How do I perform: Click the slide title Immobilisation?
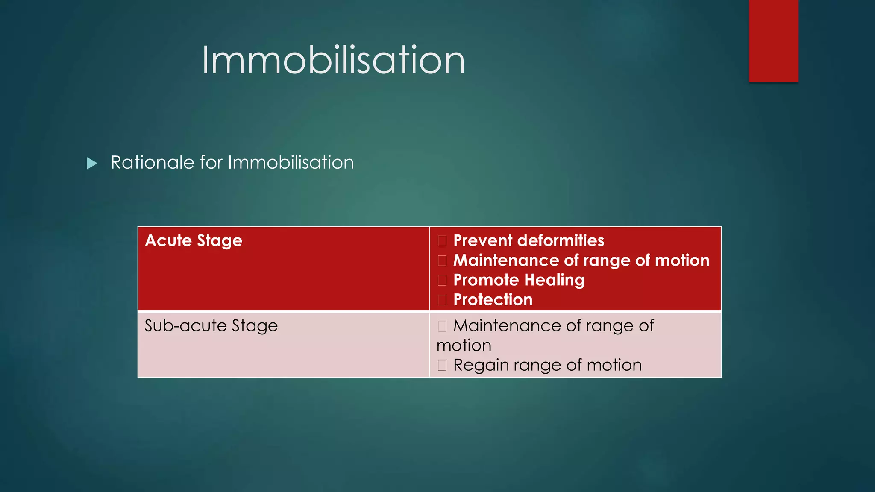pos(333,61)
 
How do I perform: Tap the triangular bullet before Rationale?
pos(92,163)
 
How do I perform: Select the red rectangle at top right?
pos(773,41)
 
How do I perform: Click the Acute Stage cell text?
pos(194,241)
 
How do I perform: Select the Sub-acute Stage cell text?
pos(211,326)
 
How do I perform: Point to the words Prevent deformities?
pos(529,241)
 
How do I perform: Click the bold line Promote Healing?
pos(519,280)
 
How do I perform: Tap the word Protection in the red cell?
pos(493,300)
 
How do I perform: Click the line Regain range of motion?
pos(547,365)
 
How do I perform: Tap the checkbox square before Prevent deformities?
pos(442,241)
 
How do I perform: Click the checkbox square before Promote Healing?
pos(442,280)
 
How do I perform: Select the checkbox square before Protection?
pos(442,300)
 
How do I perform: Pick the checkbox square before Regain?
pos(442,365)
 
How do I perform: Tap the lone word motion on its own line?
pos(464,346)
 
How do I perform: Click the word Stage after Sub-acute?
pos(255,326)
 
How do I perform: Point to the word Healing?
pos(554,280)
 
